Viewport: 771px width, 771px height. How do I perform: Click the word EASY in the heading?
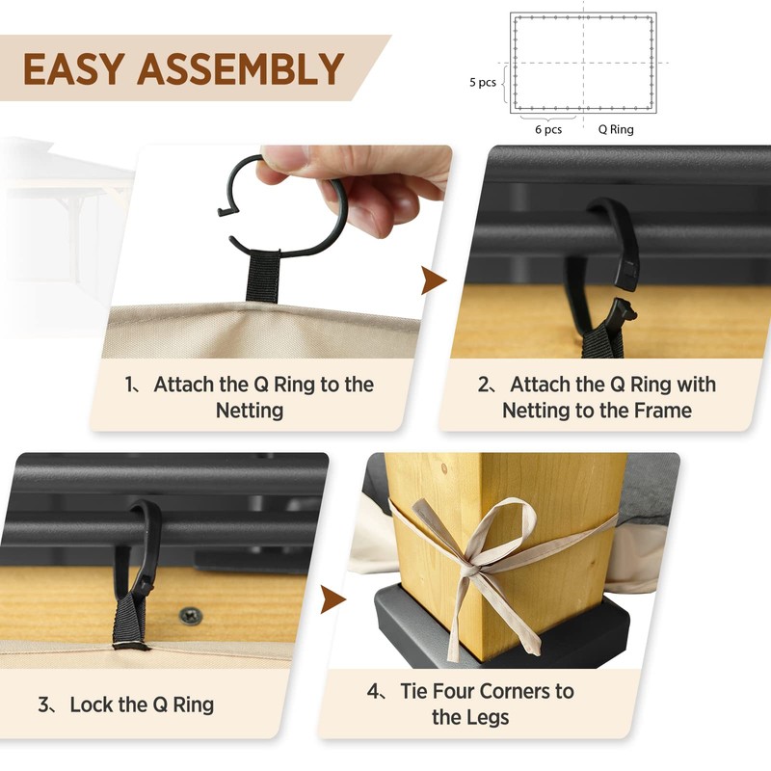coord(73,69)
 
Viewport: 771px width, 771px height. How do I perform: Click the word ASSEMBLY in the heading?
coord(240,69)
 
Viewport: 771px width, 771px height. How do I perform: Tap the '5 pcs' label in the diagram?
coord(483,83)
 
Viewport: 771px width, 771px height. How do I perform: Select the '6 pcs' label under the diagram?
coord(548,129)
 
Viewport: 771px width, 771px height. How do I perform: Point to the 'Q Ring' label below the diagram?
coord(616,129)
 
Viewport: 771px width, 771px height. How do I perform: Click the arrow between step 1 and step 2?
coord(435,280)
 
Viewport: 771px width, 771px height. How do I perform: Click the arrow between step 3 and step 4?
coord(333,598)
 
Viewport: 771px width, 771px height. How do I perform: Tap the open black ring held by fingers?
coord(289,207)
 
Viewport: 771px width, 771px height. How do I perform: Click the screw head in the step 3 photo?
coord(191,614)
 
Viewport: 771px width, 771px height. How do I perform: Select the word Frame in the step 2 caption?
coord(660,411)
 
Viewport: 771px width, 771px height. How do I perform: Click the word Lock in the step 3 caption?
coord(93,705)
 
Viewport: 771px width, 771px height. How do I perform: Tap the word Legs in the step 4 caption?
coord(487,717)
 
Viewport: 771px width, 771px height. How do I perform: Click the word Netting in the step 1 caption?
coord(249,411)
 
